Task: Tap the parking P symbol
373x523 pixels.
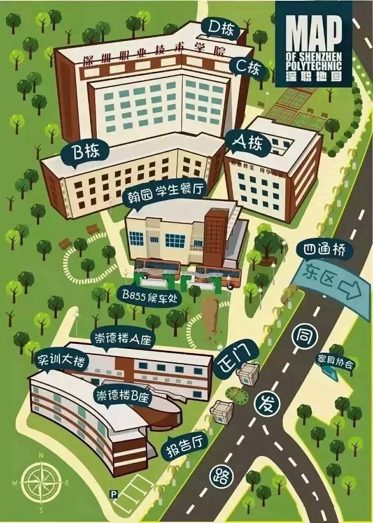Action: click(x=114, y=494)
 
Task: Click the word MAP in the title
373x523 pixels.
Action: click(x=313, y=30)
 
